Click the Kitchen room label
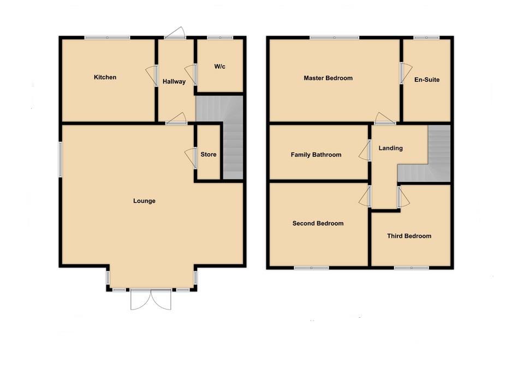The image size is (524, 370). (x=105, y=77)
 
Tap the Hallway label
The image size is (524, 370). (x=174, y=82)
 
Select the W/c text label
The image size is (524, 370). (x=219, y=66)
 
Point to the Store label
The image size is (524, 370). (x=209, y=154)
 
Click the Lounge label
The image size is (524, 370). (x=144, y=201)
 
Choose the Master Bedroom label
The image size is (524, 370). (x=328, y=78)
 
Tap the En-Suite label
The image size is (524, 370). (x=427, y=80)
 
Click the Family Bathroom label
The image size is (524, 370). (x=316, y=155)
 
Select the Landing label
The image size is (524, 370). (x=390, y=148)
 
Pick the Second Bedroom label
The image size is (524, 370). (x=318, y=223)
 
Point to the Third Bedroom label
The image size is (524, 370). (x=409, y=236)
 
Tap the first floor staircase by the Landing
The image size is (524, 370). (x=439, y=153)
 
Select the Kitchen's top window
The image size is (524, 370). (x=107, y=37)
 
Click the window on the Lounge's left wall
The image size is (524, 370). (x=60, y=159)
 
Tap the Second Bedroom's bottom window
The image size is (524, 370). (x=311, y=268)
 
